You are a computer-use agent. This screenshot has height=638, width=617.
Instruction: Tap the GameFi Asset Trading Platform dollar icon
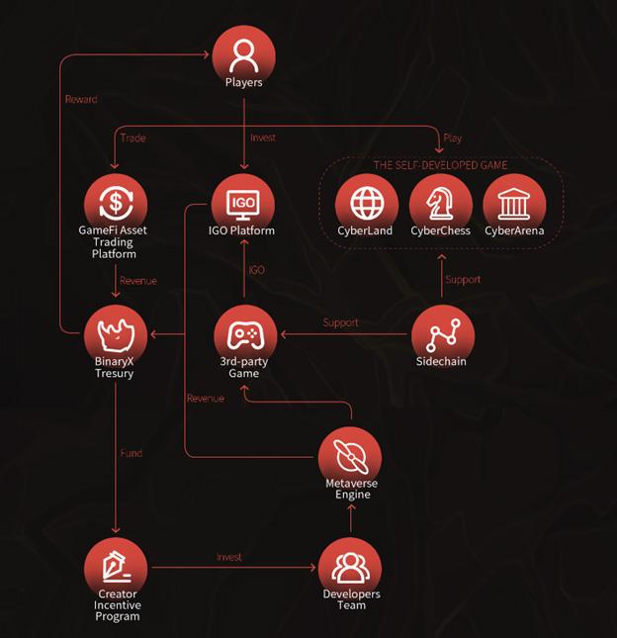point(117,203)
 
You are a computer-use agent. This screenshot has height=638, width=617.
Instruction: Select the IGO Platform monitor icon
point(243,203)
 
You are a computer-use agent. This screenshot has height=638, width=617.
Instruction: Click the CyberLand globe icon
point(367,203)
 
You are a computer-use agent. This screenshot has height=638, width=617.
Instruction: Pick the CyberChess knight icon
point(441,203)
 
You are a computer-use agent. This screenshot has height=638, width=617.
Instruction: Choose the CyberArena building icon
point(514,203)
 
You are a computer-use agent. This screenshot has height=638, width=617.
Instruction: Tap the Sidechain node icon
point(442,334)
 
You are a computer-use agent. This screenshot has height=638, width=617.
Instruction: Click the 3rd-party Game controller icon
point(243,334)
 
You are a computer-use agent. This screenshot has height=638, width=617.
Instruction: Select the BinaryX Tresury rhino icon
point(117,334)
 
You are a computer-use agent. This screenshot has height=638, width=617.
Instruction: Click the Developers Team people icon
point(350,566)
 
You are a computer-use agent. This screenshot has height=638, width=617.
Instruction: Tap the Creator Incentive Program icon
point(117,566)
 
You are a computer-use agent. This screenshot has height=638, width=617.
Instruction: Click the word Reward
point(81,99)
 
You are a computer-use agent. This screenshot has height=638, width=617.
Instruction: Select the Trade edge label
point(132,138)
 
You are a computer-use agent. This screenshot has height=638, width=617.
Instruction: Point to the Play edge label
point(453,138)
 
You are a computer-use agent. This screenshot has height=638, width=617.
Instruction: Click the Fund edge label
point(132,453)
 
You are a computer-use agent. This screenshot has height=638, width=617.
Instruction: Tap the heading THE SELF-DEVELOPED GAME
point(440,165)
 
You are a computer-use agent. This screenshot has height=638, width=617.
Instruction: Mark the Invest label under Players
point(263,138)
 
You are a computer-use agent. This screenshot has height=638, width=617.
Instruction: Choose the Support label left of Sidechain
point(340,322)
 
